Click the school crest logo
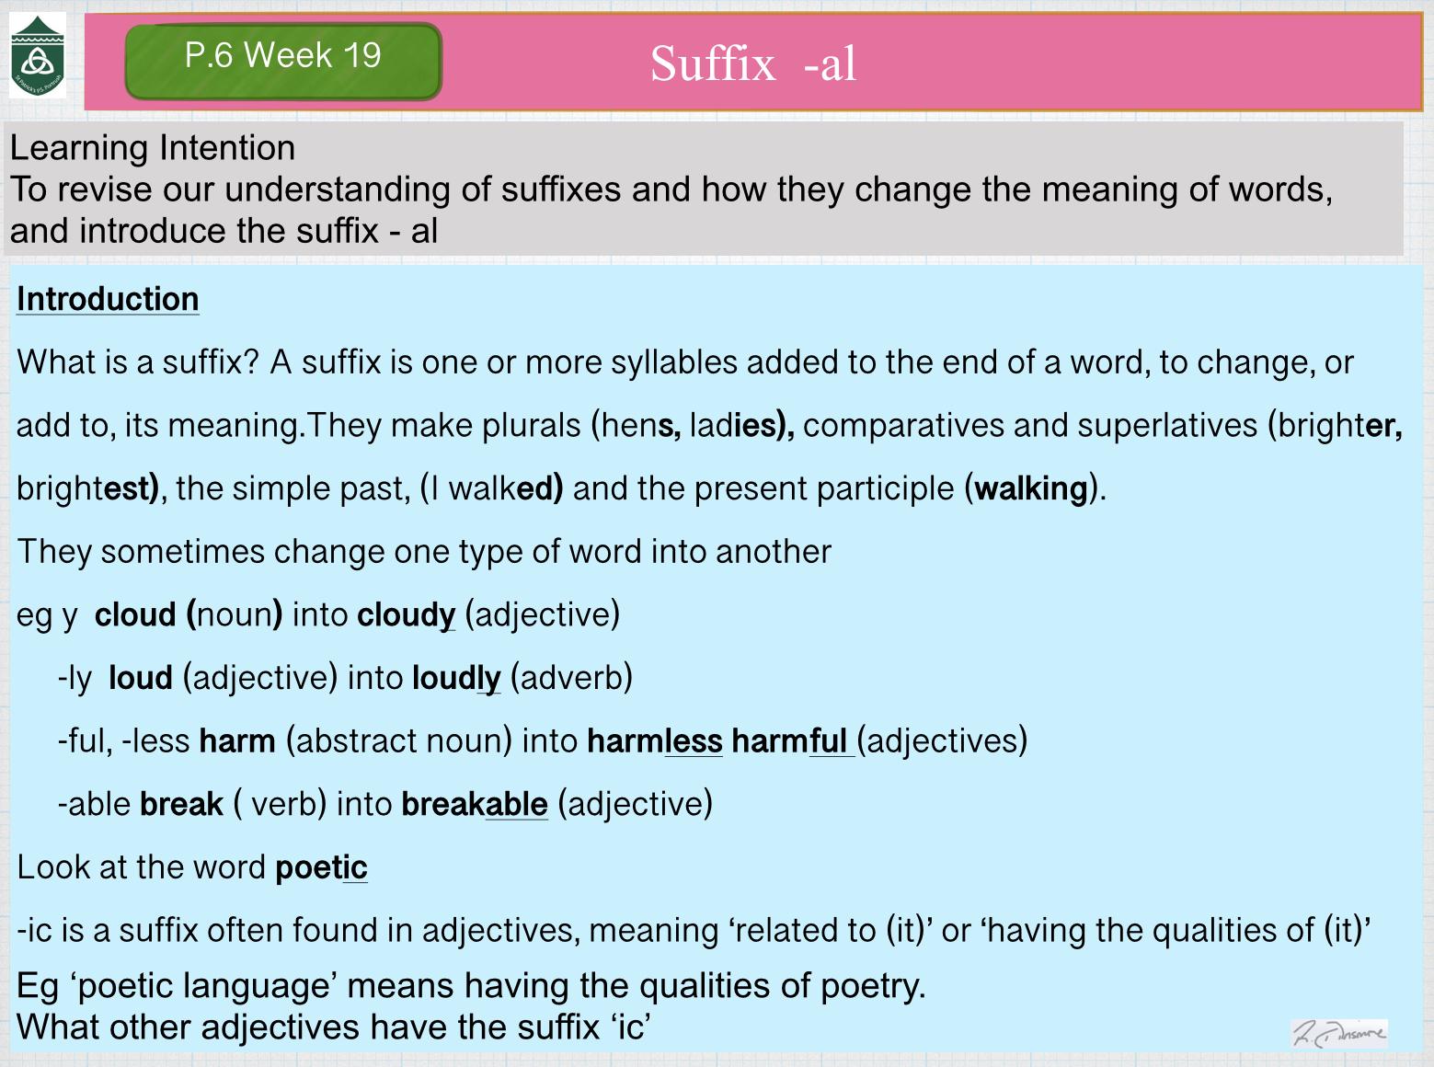pos(38,55)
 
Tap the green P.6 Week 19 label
pos(283,61)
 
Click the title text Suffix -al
pos(753,63)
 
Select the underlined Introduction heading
pos(108,300)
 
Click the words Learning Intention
pos(153,147)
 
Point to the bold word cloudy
pos(406,615)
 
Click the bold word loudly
pos(456,679)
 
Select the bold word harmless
pos(654,741)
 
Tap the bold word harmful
pos(789,741)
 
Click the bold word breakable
pos(475,805)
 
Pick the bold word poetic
pos(321,867)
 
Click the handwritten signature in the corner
pos(1339,1032)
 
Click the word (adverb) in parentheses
pos(571,679)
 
